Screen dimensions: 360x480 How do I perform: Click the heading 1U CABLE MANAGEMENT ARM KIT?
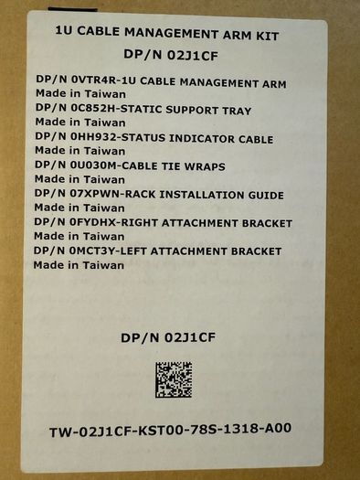click(x=167, y=33)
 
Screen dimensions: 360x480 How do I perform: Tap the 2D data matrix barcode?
click(x=174, y=379)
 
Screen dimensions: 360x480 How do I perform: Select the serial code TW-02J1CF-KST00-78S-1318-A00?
click(x=170, y=430)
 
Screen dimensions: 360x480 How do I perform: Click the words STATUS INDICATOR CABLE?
click(x=197, y=138)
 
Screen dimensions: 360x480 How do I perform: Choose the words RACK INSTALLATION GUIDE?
click(x=202, y=195)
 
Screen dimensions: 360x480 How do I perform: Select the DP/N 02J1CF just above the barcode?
click(x=168, y=337)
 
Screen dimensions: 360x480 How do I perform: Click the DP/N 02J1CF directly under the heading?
click(x=171, y=55)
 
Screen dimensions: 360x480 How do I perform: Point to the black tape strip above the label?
click(x=72, y=9)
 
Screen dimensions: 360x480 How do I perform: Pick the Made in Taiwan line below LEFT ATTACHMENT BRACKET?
click(x=79, y=265)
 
